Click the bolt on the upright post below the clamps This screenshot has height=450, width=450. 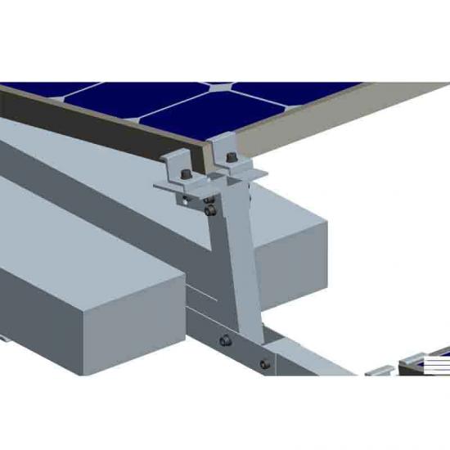(x=212, y=212)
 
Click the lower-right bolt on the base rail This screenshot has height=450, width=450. (x=263, y=363)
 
